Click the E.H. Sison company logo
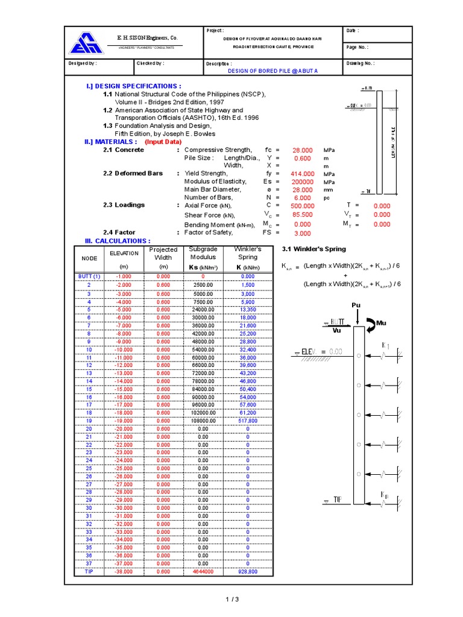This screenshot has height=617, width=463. [87, 43]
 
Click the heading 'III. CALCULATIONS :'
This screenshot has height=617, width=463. [118, 241]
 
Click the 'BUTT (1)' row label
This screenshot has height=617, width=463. [89, 277]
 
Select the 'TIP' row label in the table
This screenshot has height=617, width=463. [89, 571]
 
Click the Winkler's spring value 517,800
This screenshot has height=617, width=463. [247, 421]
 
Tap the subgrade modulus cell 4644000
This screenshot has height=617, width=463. [203, 571]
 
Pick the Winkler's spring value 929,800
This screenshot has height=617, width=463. [247, 571]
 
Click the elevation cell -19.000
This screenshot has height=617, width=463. [122, 421]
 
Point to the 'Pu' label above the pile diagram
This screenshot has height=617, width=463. [356, 305]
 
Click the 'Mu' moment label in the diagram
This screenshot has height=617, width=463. [380, 324]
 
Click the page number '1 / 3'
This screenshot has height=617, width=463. [232, 599]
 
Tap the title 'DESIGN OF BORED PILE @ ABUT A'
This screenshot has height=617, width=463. [272, 70]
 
